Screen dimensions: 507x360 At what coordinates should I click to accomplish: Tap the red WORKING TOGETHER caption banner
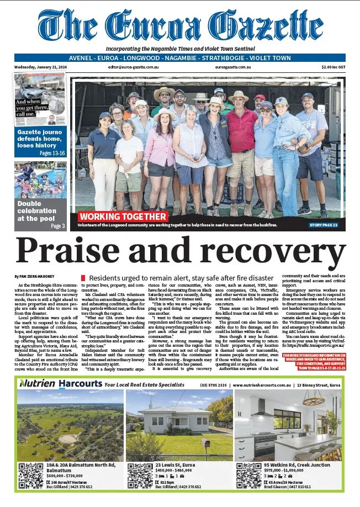tap(123, 216)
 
